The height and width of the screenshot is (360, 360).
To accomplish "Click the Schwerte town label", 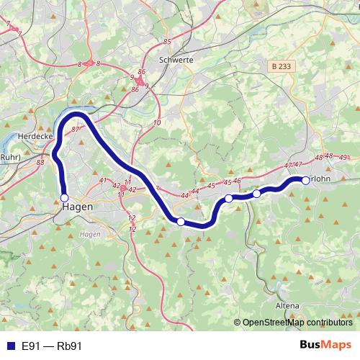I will (x=178, y=60).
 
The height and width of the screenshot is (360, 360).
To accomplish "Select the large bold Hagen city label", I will (x=76, y=208).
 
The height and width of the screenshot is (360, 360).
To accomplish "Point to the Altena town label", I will (x=287, y=305).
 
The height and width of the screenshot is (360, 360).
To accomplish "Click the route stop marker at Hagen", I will (x=64, y=197).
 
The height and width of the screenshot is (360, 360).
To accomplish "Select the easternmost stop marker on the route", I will (x=305, y=180).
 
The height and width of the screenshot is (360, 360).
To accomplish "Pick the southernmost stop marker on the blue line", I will (x=181, y=222).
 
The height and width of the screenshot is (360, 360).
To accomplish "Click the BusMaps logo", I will (x=326, y=346).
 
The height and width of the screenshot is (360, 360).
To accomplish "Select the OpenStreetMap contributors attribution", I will (x=292, y=323).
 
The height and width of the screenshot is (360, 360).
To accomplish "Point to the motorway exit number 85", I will (x=167, y=42).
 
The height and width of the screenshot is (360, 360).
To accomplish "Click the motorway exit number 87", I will (x=76, y=129).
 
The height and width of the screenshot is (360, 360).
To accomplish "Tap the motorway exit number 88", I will (x=40, y=163).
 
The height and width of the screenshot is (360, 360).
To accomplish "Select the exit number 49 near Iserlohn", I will (x=343, y=157).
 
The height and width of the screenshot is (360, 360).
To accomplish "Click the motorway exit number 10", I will (x=156, y=123).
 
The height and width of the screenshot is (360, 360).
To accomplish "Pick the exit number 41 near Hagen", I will (x=103, y=181).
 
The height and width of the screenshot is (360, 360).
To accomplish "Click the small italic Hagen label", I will (x=89, y=235).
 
